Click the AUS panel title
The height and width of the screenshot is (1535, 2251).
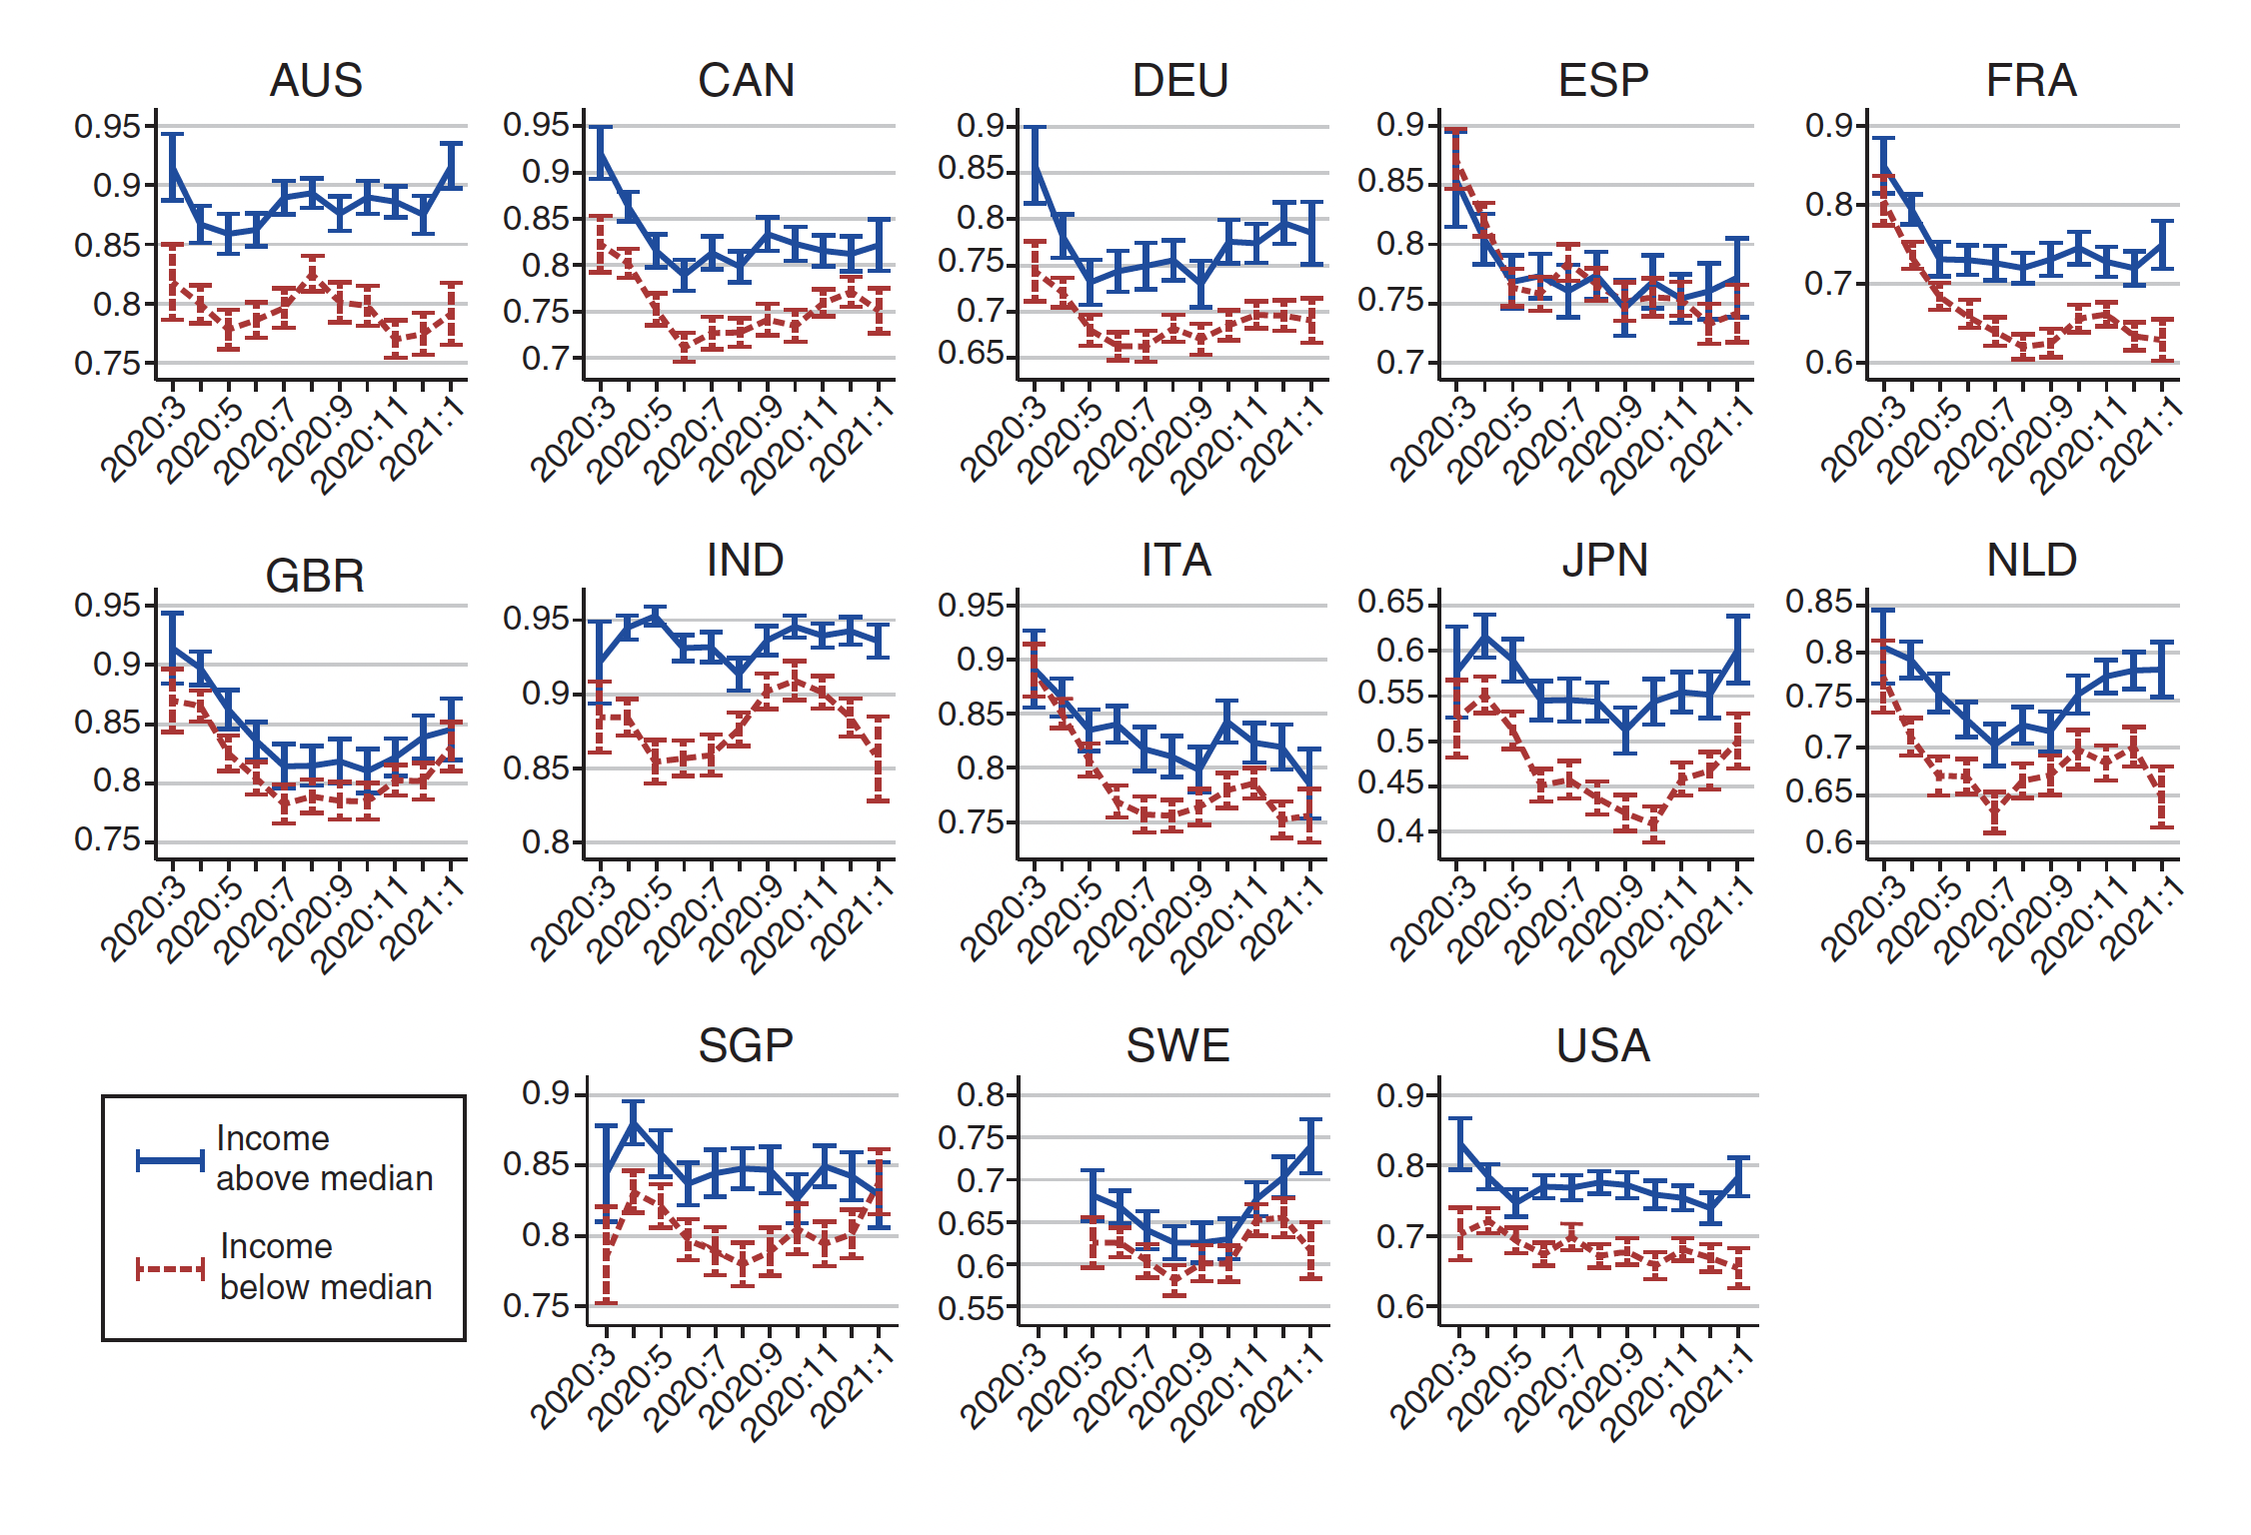[x=316, y=80]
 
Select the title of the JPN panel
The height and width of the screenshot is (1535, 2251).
[x=1604, y=560]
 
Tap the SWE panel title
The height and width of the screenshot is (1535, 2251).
[x=1177, y=1045]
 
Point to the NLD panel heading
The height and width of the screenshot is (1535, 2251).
[x=2031, y=560]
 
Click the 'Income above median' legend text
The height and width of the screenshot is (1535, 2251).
[x=324, y=1158]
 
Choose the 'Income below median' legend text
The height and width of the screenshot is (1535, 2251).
[x=326, y=1266]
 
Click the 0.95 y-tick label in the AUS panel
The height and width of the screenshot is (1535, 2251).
[x=108, y=126]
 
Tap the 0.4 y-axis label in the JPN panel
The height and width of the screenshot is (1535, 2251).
[x=1400, y=830]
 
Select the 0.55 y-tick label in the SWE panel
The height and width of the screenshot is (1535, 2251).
[x=971, y=1308]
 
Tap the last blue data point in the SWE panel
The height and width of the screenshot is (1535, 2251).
[x=1311, y=1146]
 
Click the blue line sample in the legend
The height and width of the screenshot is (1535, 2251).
[x=170, y=1159]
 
